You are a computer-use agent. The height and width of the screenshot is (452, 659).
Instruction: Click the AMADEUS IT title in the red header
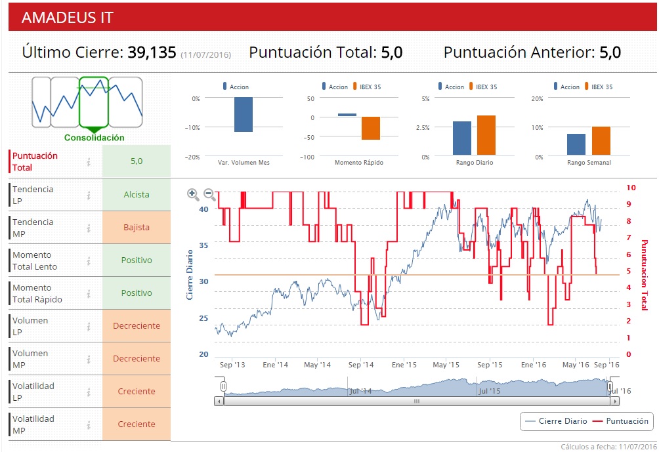[x=68, y=18]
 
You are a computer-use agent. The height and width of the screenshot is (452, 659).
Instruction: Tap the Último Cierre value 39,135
[x=152, y=52]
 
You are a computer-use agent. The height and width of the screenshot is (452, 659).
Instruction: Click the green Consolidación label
[x=95, y=138]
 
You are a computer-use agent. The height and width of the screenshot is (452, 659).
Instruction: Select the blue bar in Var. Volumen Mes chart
[x=244, y=115]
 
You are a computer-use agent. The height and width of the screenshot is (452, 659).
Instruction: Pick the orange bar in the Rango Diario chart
[x=486, y=135]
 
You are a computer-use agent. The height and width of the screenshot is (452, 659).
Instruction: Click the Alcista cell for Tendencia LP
[x=137, y=195]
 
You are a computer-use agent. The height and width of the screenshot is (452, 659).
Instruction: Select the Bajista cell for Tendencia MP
[x=137, y=228]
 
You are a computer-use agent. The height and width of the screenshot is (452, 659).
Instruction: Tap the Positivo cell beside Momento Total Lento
[x=137, y=260]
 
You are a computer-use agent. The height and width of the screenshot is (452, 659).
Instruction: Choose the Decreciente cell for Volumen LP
[x=137, y=326]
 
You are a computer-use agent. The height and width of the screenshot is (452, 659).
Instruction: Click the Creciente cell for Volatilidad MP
[x=137, y=424]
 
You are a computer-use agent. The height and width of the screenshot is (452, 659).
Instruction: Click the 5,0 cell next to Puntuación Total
[x=137, y=161]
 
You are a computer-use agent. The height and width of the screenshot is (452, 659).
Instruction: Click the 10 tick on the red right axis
[x=631, y=188]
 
